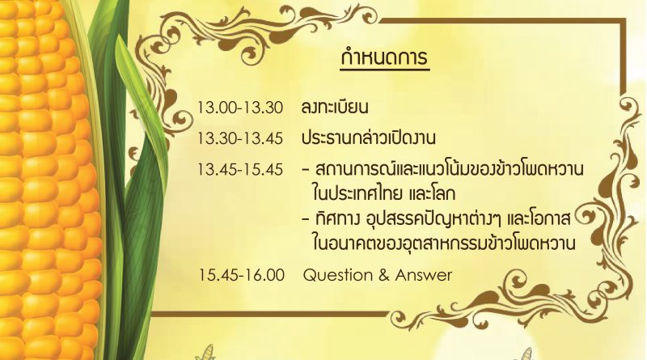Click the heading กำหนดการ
click(x=385, y=57)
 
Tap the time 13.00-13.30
click(x=240, y=108)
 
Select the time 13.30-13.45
click(x=240, y=138)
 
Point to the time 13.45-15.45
click(x=240, y=169)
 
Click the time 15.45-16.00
click(x=241, y=275)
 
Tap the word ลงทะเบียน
click(x=335, y=108)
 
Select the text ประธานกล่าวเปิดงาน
click(x=369, y=138)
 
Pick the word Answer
click(x=424, y=275)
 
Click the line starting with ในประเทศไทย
click(x=383, y=193)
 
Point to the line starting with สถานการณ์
click(x=450, y=168)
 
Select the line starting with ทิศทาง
click(x=442, y=219)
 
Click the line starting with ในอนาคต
click(x=444, y=244)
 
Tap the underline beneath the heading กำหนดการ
click(x=385, y=70)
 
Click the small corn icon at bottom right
click(x=526, y=354)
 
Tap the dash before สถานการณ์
click(x=306, y=170)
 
